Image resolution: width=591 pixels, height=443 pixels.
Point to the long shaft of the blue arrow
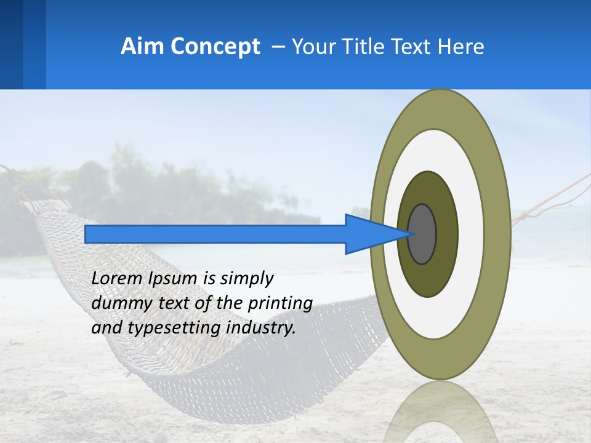(215, 234)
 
